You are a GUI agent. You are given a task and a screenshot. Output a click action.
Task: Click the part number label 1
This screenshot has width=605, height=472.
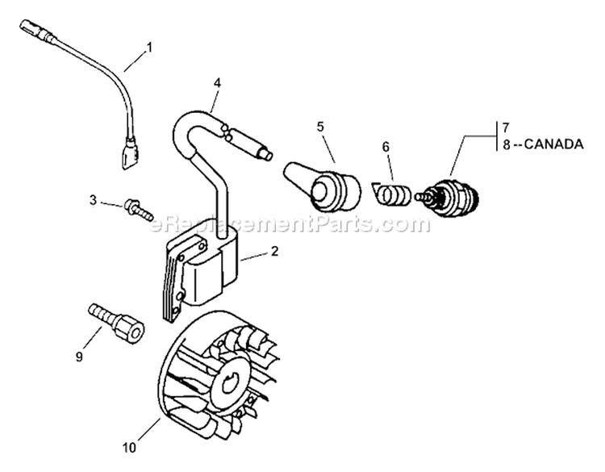[149, 48]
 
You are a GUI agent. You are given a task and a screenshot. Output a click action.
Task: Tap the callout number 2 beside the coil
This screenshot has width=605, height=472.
[274, 252]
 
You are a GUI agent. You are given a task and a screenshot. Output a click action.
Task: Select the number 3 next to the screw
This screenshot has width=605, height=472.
[93, 201]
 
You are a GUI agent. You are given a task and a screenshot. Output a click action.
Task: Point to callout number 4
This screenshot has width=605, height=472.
[218, 83]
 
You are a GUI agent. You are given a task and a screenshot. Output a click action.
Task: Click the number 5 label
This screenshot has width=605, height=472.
[320, 127]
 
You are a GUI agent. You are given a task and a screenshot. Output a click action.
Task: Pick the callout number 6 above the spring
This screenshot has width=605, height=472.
[386, 148]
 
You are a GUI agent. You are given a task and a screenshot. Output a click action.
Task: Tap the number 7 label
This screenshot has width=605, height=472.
[507, 127]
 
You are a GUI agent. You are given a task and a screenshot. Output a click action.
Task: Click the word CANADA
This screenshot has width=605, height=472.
[553, 144]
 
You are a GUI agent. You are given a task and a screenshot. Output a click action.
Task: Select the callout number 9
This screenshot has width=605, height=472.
[79, 357]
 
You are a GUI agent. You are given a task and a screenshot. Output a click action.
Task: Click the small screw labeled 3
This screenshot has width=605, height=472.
[138, 210]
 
